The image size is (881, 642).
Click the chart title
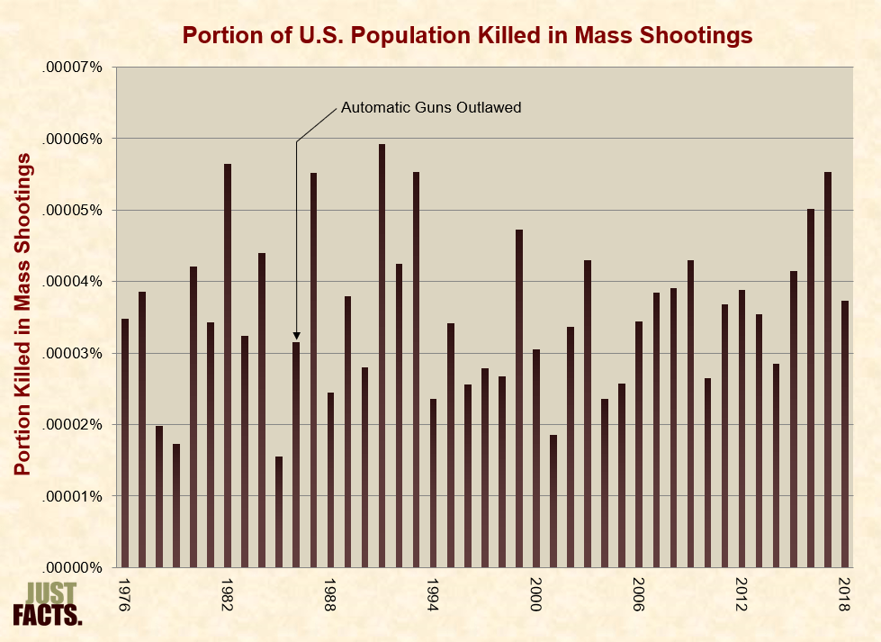(467, 35)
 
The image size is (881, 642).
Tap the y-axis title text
(24, 314)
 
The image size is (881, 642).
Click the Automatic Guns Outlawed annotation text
(431, 107)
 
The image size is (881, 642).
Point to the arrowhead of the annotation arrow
(296, 335)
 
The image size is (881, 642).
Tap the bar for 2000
(536, 458)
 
